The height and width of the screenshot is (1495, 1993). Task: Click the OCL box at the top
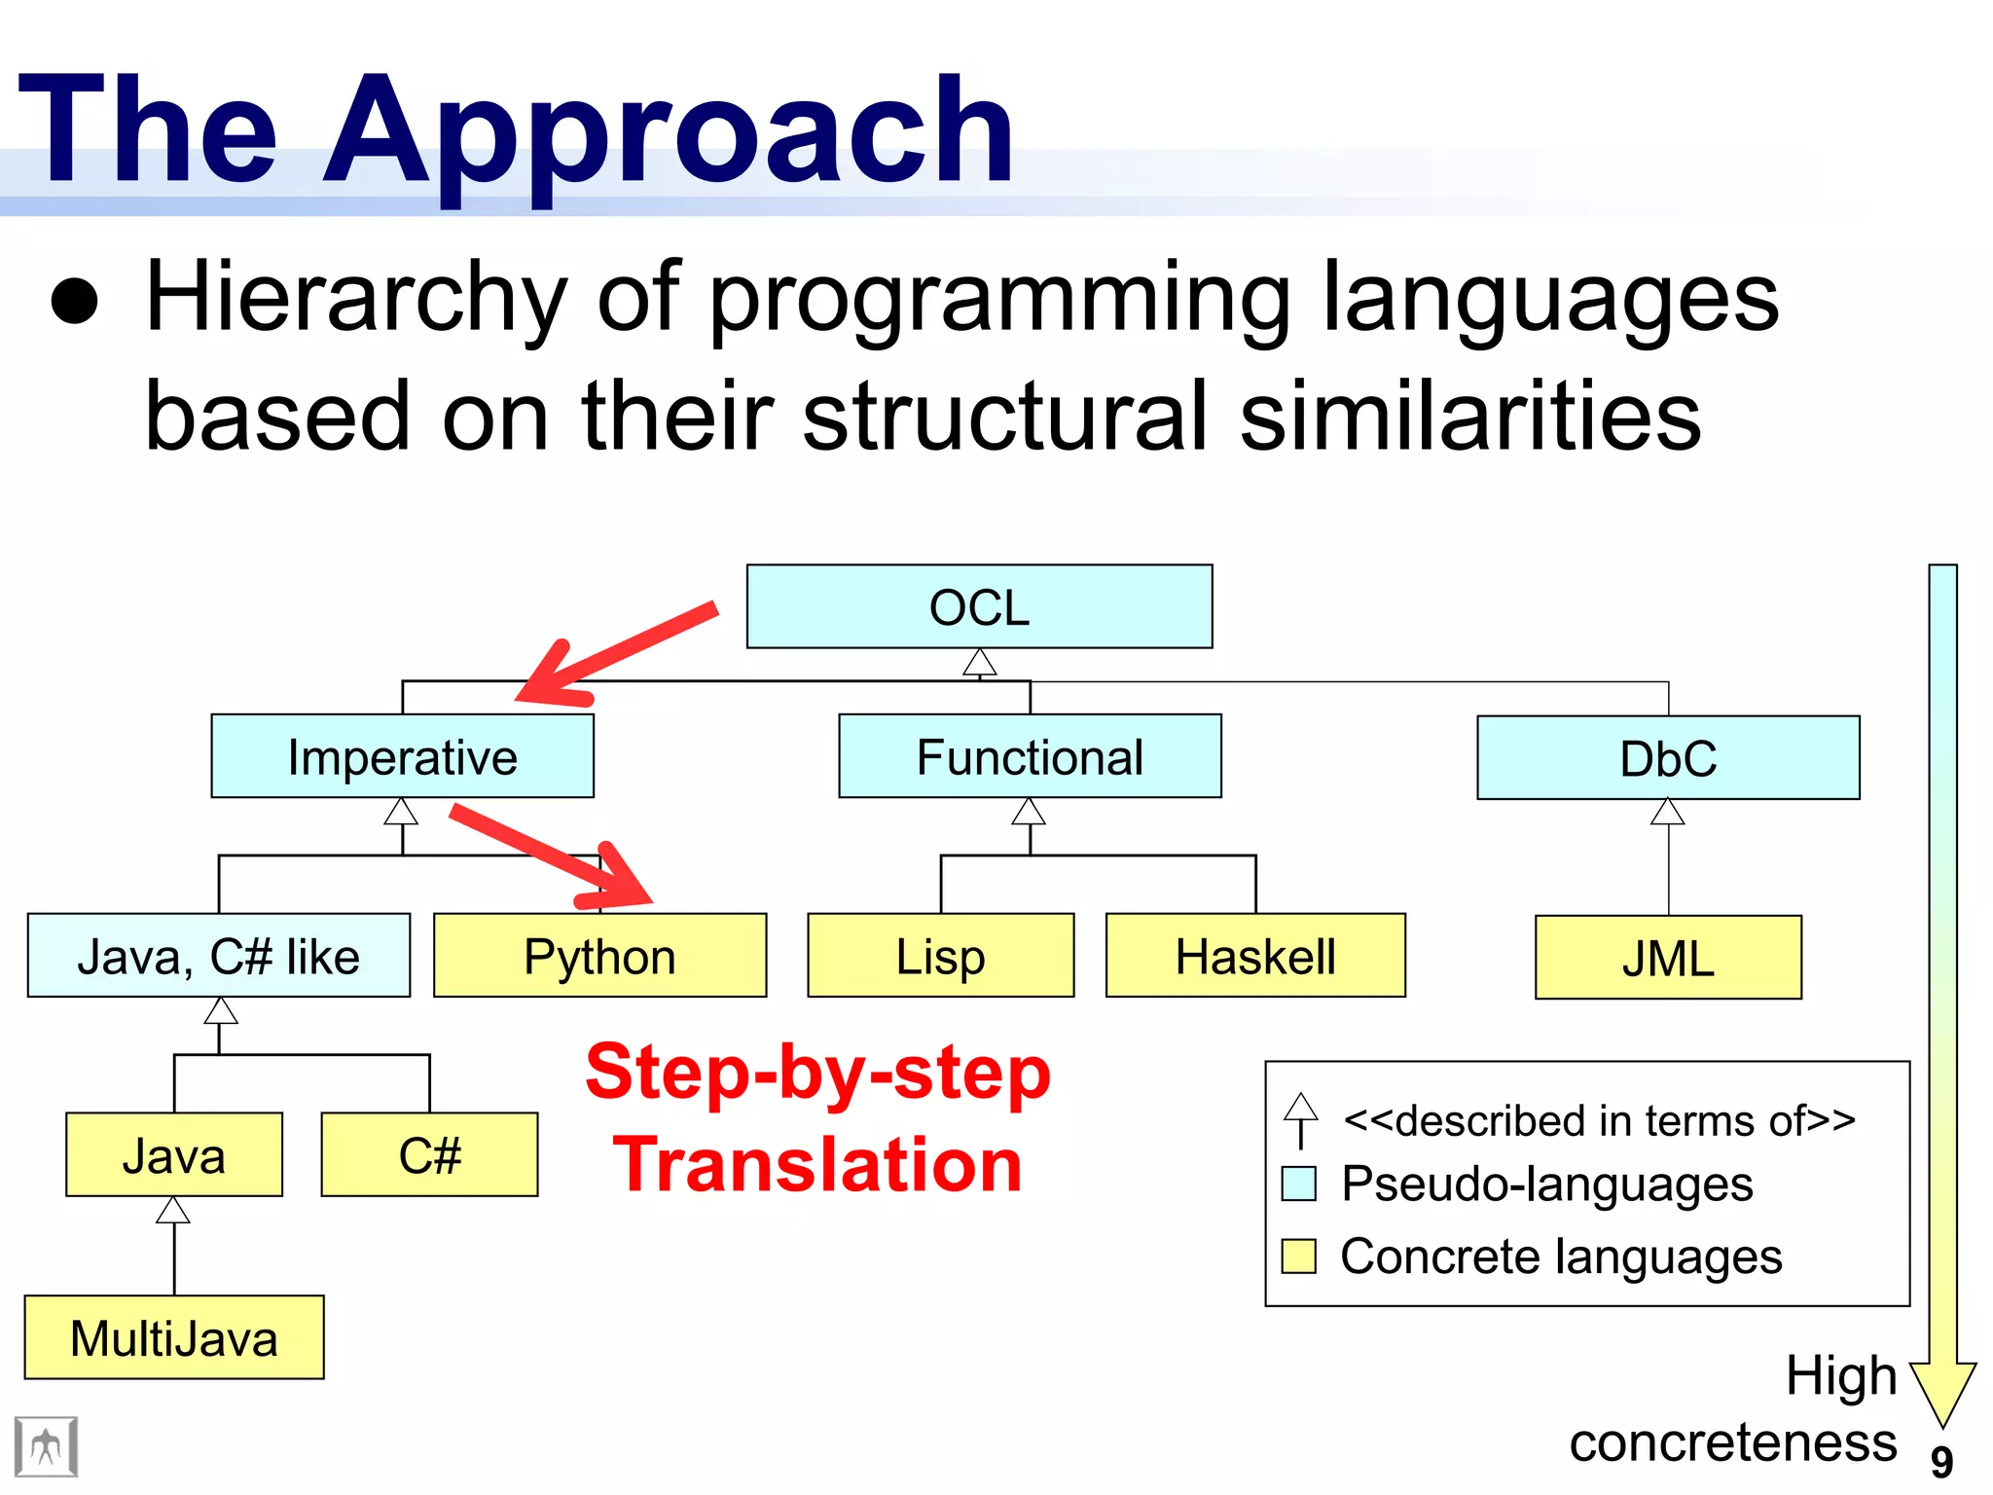click(x=979, y=606)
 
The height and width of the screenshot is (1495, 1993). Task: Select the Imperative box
click(x=402, y=756)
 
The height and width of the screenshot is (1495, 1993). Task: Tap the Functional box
click(x=1030, y=756)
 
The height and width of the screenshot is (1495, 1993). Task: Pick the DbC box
click(x=1668, y=758)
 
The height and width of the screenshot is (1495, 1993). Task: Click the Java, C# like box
click(x=218, y=956)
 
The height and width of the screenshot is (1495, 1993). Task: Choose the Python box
click(x=599, y=956)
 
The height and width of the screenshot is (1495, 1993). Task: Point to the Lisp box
click(x=940, y=956)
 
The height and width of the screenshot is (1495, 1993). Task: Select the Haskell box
click(x=1255, y=956)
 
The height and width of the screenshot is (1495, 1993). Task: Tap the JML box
click(x=1668, y=958)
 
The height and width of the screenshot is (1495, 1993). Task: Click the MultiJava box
click(x=174, y=1337)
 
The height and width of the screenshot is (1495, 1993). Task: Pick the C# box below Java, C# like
click(x=429, y=1155)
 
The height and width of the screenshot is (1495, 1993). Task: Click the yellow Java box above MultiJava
click(x=174, y=1155)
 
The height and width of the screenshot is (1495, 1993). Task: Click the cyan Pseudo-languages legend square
click(x=1299, y=1184)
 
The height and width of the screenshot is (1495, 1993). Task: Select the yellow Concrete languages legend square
click(x=1299, y=1257)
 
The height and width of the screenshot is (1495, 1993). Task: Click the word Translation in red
click(x=817, y=1165)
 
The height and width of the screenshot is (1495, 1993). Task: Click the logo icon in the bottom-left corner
click(x=46, y=1447)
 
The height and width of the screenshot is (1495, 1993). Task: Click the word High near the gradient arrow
click(x=1841, y=1376)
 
